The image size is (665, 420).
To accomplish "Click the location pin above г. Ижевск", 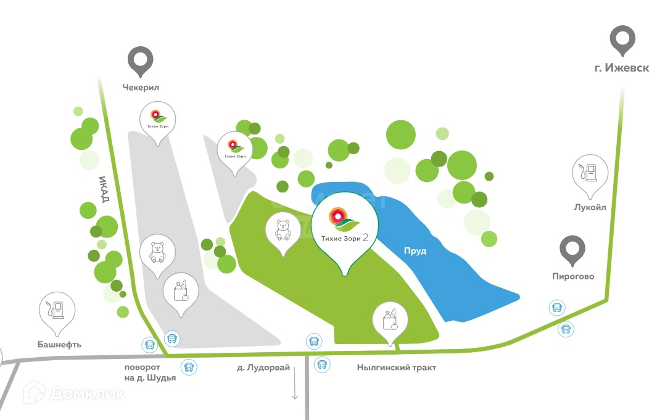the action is coord(622,39).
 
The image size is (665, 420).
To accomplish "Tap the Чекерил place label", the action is coord(141,88).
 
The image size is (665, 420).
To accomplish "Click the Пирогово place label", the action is coord(572,276).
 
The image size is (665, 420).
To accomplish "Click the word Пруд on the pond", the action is coord(415,252).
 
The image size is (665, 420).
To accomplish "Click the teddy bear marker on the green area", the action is coord(283,230).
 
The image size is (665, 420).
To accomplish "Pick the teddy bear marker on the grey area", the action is coord(158,252).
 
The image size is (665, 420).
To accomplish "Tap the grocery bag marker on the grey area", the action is coord(181,290).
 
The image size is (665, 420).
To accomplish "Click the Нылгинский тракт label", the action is coord(396,368).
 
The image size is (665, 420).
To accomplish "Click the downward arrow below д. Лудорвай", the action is coord(295,385).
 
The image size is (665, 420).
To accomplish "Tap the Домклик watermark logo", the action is coord(74,393).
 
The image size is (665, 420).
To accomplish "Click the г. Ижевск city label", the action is coord(621,68).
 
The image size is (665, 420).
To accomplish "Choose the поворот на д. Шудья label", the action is coord(150,373).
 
